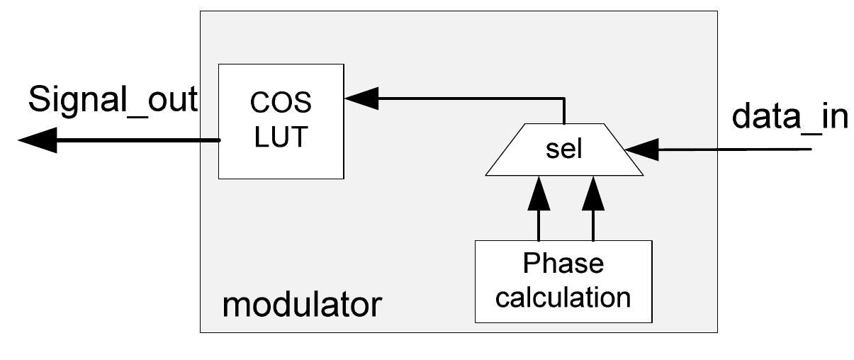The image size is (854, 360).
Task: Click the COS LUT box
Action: click(x=281, y=120)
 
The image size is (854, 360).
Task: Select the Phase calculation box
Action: click(x=563, y=281)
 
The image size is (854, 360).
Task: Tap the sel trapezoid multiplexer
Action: click(x=564, y=150)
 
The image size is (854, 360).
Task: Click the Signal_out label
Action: click(x=113, y=100)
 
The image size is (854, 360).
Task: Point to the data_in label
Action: click(x=790, y=116)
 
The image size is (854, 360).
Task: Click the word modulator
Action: click(x=302, y=305)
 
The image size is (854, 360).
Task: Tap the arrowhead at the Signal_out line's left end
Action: click(x=35, y=140)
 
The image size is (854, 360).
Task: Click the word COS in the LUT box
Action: click(x=281, y=103)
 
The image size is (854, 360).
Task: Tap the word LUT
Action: click(x=281, y=137)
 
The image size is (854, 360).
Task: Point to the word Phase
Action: click(x=563, y=264)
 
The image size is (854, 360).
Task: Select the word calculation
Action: click(x=563, y=297)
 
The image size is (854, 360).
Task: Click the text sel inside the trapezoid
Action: click(x=564, y=151)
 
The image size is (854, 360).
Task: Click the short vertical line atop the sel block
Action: click(x=564, y=112)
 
